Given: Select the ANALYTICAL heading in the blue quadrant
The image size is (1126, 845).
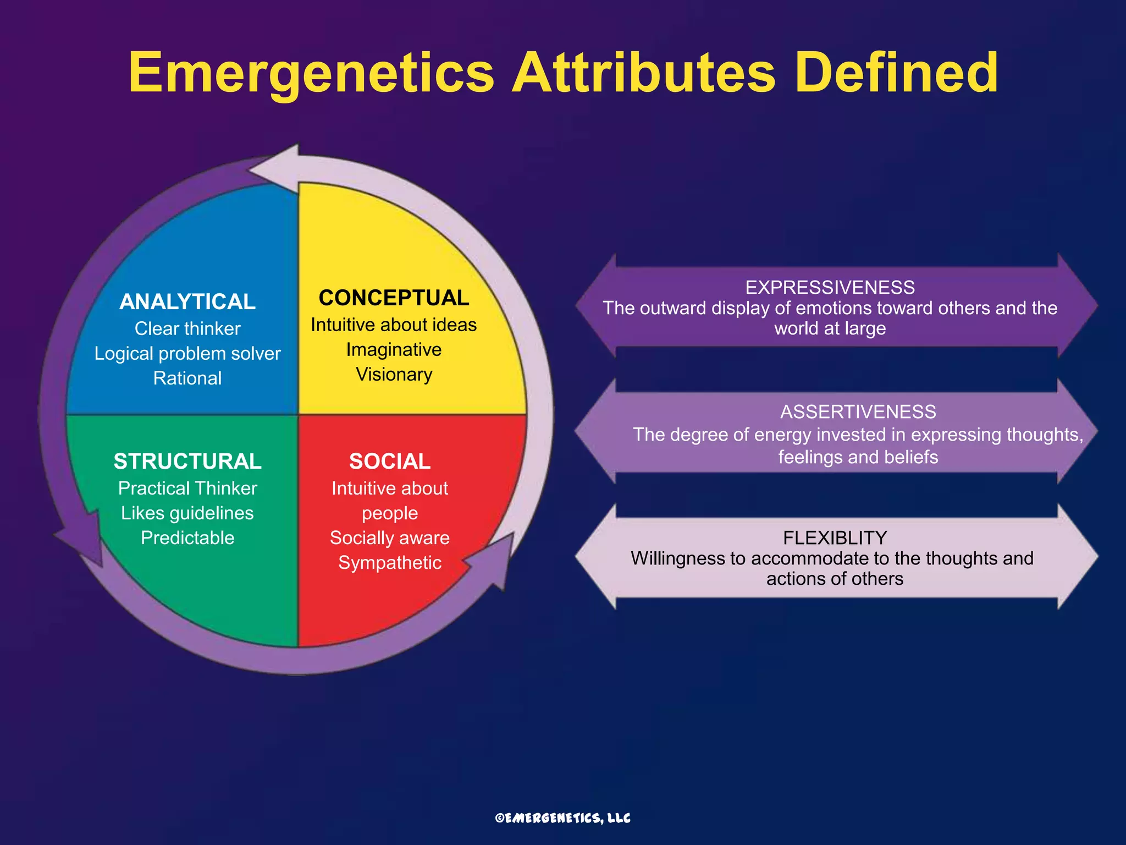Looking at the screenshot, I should click(187, 301).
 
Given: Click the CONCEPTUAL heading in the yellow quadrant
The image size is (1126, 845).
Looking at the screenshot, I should click(394, 298).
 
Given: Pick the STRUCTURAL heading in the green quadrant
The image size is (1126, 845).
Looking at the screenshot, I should click(187, 461).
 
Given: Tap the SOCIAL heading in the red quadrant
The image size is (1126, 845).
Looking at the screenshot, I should click(390, 461).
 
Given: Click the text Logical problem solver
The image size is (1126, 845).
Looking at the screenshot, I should click(187, 353).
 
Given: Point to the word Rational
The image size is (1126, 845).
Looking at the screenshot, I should click(187, 378).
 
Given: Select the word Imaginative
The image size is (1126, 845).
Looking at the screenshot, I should click(394, 349).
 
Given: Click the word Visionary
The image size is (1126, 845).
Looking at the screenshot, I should click(394, 374).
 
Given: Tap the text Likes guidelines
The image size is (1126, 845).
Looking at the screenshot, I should click(187, 513).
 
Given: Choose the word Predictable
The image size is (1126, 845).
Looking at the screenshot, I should click(187, 537).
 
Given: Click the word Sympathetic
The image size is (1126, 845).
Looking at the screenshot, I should click(390, 562).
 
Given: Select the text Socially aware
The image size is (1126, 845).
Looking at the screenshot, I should click(390, 537).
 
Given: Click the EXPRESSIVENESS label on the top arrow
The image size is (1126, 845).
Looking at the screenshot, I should click(830, 287).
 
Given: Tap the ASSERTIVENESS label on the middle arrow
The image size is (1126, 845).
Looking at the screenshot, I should click(858, 411).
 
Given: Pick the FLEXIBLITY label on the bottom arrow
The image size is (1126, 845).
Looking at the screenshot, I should click(835, 537).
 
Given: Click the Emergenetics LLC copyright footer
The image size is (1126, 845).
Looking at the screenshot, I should click(562, 818).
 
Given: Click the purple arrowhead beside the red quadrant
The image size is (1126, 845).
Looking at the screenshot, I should click(495, 561).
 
